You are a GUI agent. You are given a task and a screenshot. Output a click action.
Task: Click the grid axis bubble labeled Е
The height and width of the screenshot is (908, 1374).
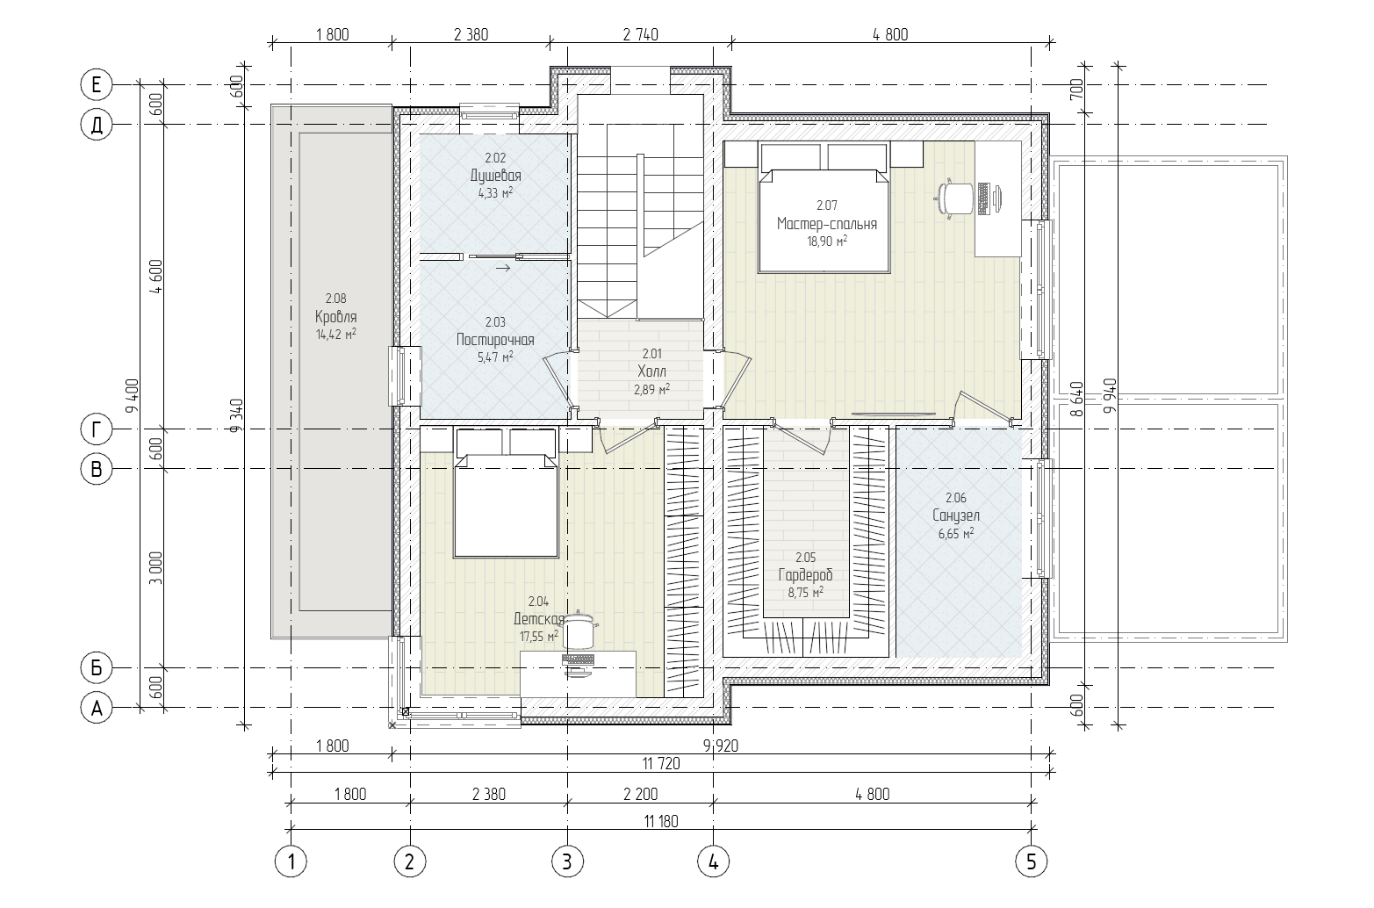97,85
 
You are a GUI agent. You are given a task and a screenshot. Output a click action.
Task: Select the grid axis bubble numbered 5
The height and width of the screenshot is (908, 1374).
1032,861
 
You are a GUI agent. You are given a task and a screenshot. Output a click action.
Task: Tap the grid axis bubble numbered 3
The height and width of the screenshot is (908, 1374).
567,861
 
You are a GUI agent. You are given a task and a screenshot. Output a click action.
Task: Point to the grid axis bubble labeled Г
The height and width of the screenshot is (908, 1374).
97,429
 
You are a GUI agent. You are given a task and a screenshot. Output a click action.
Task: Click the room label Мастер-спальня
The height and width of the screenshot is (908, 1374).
826,223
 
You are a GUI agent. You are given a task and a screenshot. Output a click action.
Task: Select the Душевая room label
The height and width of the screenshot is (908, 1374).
495,176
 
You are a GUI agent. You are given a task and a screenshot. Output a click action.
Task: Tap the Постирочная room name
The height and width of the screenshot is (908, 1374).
494,340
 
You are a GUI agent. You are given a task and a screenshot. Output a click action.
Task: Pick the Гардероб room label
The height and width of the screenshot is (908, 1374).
805,575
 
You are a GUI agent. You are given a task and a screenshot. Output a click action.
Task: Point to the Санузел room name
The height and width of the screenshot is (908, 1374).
956,515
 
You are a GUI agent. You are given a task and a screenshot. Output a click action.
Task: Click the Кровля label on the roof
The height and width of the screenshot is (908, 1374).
335,317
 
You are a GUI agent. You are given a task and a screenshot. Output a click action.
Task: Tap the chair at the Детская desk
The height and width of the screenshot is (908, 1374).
579,630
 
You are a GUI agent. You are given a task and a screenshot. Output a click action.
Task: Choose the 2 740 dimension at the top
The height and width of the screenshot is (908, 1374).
640,35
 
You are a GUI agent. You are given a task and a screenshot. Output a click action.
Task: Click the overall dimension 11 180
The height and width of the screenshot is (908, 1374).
661,821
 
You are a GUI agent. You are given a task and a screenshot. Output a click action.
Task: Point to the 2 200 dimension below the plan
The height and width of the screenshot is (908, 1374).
640,794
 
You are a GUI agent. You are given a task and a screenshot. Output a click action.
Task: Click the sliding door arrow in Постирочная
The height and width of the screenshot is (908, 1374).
502,268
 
